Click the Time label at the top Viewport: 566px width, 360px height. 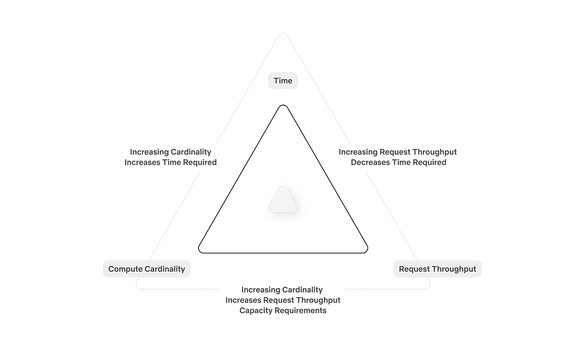[282, 81]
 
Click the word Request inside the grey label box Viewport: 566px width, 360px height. [414, 269]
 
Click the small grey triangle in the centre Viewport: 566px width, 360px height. [283, 200]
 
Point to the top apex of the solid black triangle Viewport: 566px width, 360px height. [283, 106]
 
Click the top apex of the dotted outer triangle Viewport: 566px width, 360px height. [283, 34]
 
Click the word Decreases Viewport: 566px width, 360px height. [370, 163]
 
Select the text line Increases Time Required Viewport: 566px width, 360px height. [170, 163]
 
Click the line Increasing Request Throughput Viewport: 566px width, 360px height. [397, 152]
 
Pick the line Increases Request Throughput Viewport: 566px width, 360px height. [282, 300]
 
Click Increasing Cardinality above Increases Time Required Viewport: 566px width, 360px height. [170, 152]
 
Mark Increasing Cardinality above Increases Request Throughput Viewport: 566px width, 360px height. [282, 290]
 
